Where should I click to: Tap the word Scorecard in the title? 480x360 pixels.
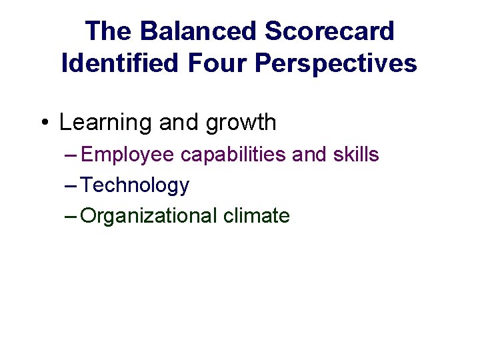(x=329, y=31)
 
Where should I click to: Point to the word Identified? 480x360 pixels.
(x=120, y=63)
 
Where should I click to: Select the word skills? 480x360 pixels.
(x=357, y=155)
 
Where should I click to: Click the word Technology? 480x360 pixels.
(x=135, y=186)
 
